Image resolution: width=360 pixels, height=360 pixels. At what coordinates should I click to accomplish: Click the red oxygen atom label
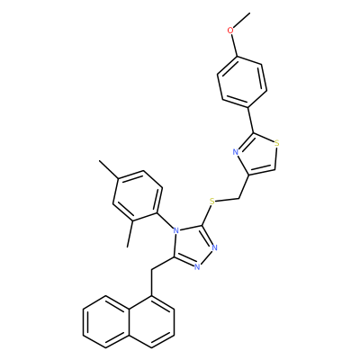coord(230,31)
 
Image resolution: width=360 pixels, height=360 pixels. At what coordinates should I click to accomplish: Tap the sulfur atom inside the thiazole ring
coord(277,143)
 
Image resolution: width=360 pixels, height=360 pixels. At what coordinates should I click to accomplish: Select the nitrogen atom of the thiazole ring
coord(236,152)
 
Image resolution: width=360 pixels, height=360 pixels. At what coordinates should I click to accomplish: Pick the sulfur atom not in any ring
coord(212,202)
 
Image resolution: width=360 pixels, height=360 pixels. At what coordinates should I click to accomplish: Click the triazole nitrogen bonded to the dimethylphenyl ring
coord(176,231)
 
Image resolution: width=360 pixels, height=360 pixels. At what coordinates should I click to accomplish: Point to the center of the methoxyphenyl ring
coord(242,82)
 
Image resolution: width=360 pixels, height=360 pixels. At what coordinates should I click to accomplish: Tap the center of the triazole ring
coord(193,245)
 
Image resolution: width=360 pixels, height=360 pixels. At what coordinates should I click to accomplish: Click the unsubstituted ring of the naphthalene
coord(105,322)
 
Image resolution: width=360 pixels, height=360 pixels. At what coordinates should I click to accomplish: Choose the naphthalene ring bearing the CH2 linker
coord(151,322)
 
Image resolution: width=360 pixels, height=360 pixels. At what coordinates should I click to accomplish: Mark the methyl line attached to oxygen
coord(241,20)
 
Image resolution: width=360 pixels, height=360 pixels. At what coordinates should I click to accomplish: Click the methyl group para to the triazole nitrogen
coord(109,170)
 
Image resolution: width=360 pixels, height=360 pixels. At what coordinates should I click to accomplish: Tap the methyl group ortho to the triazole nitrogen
coord(130,235)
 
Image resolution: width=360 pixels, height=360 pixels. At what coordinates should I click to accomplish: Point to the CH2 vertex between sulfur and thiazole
coord(238,199)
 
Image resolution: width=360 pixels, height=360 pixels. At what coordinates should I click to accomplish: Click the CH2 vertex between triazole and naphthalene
coord(151,270)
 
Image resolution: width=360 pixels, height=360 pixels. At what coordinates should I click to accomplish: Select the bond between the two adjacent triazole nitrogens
coord(205,257)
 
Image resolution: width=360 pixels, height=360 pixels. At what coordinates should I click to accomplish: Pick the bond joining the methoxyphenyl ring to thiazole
coord(251,120)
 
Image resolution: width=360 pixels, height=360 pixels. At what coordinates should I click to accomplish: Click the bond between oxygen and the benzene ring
coord(234,45)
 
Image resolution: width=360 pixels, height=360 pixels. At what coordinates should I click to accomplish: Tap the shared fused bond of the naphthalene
coord(129,322)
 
